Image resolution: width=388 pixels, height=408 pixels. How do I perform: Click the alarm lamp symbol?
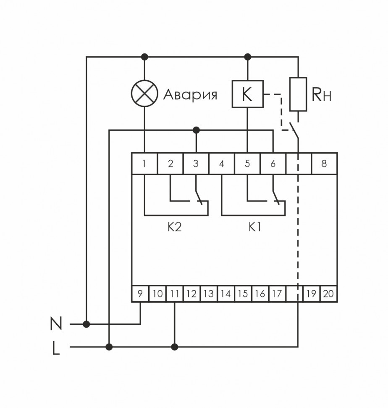pyautogui.click(x=144, y=93)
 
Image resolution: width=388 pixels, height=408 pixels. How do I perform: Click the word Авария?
pyautogui.click(x=190, y=94)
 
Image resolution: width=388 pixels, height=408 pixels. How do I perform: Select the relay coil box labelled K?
pyautogui.click(x=247, y=94)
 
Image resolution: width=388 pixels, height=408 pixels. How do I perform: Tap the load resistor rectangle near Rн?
pyautogui.click(x=298, y=94)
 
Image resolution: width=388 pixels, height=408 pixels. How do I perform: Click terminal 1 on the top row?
pyautogui.click(x=144, y=164)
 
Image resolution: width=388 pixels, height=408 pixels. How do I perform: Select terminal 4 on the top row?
pyautogui.click(x=222, y=164)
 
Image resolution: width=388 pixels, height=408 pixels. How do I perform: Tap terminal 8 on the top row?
pyautogui.click(x=324, y=164)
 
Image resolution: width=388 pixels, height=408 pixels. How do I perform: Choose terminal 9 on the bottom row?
pyautogui.click(x=140, y=294)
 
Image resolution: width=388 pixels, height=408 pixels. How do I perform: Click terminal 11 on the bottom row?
pyautogui.click(x=174, y=294)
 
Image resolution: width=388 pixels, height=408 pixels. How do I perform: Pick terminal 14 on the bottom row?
pyautogui.click(x=225, y=294)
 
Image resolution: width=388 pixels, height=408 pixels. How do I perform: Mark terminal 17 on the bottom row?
pyautogui.click(x=276, y=294)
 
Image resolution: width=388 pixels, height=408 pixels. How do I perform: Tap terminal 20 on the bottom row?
pyautogui.click(x=328, y=294)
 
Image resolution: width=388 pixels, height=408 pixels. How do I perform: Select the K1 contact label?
pyautogui.click(x=254, y=228)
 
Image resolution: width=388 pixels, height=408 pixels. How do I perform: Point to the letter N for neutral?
pyautogui.click(x=56, y=324)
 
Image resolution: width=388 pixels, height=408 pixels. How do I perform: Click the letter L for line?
pyautogui.click(x=56, y=348)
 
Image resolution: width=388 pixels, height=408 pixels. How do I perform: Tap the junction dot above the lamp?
pyautogui.click(x=144, y=56)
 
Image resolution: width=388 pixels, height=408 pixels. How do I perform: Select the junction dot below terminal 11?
pyautogui.click(x=175, y=347)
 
